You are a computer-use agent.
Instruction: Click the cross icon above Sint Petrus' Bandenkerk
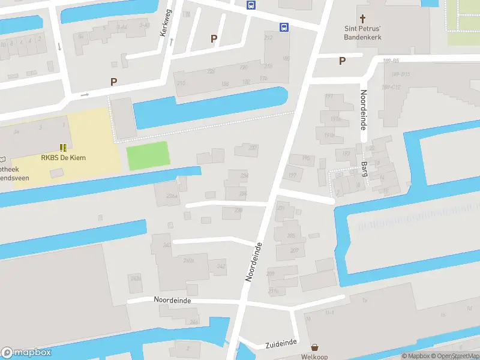coord(362,18)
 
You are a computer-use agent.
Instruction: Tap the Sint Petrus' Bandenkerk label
coord(362,32)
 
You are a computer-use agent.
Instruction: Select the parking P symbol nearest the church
coord(343,61)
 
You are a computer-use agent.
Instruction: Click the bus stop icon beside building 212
coord(283,27)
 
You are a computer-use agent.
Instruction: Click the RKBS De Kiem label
coord(63,158)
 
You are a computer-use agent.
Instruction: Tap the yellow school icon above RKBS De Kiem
coord(63,147)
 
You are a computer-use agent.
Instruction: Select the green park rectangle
coord(148,156)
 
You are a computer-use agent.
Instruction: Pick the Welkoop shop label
coord(314,356)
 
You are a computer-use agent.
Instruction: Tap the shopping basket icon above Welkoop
coord(314,347)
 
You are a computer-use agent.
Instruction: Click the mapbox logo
coord(26,353)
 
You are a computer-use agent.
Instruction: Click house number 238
coord(238,210)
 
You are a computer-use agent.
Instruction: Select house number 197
coord(292,176)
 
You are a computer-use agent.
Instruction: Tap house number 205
coord(291,236)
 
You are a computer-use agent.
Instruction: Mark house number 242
coord(221,266)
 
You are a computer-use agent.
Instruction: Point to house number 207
coord(294,250)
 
